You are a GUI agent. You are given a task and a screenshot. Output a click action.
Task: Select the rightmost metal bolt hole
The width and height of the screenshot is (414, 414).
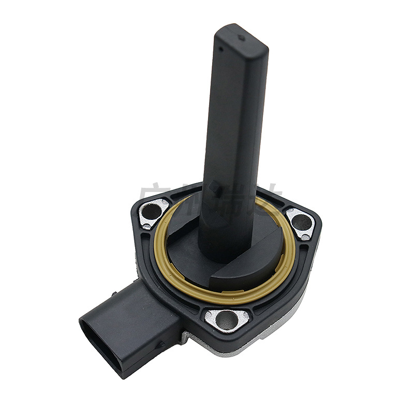[302, 222]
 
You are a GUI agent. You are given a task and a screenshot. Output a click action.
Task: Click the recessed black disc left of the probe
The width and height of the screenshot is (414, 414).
[184, 233]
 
